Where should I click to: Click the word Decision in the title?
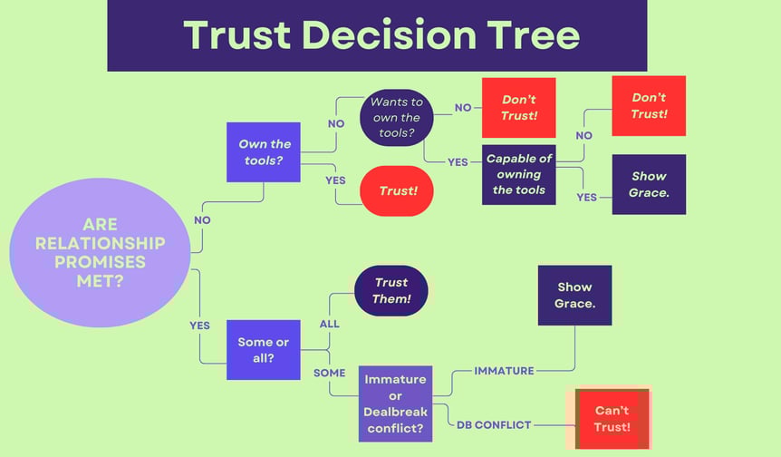tap(389, 34)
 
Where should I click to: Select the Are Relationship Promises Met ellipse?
tap(100, 253)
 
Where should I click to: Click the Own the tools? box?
tap(264, 152)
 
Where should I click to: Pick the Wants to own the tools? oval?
tap(397, 118)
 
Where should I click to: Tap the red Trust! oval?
tap(397, 191)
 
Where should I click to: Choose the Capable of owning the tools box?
tap(518, 174)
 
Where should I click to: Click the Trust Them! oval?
tap(391, 290)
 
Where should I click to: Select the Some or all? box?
tap(264, 350)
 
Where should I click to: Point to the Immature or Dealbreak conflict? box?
tap(395, 404)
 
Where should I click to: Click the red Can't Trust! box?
tap(612, 419)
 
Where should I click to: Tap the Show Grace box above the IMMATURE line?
tap(574, 295)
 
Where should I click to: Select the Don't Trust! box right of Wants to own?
tap(518, 108)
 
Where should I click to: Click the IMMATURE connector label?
tap(504, 371)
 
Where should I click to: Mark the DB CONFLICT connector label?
tap(494, 425)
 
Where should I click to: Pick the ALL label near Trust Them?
tap(329, 324)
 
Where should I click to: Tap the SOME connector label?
tap(329, 373)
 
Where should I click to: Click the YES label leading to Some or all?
tap(199, 326)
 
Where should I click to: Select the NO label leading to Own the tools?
tap(202, 220)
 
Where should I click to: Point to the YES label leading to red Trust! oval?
tap(335, 180)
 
